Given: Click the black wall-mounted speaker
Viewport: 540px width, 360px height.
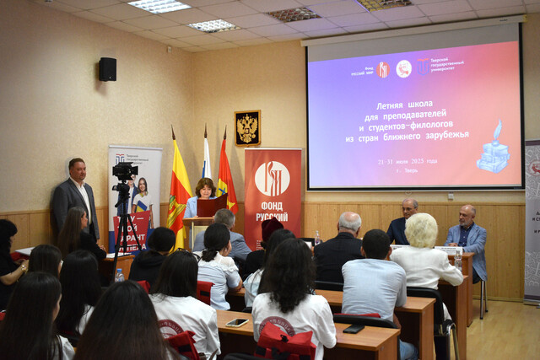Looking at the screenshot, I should (x=107, y=69).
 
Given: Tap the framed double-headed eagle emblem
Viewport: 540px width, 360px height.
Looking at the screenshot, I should (x=247, y=127).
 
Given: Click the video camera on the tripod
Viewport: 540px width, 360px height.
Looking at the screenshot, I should (x=124, y=172).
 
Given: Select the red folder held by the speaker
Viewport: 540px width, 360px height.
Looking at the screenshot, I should (x=212, y=205).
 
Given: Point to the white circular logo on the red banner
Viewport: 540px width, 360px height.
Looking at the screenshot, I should (x=272, y=179).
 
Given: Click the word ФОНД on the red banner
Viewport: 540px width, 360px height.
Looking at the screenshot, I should (x=272, y=204).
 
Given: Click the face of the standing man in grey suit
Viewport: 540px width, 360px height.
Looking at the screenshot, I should (x=77, y=169).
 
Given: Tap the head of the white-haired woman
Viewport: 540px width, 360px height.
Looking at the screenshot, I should (x=421, y=229).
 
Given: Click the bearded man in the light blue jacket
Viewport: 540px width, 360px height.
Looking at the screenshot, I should (x=467, y=235).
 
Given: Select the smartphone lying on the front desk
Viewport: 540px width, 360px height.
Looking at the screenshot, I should (x=236, y=322).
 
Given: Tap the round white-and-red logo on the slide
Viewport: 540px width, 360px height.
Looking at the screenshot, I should (x=404, y=68).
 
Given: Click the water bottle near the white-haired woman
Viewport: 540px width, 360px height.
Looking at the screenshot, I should (x=458, y=256).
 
